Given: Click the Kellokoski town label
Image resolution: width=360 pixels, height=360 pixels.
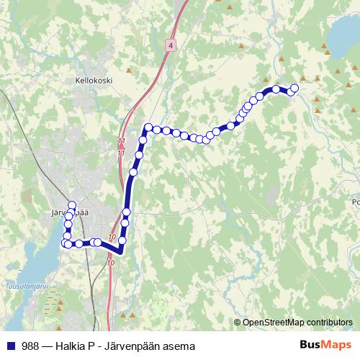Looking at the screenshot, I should [x=94, y=82].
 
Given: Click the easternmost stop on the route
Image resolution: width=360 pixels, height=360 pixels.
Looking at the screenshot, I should [x=294, y=89].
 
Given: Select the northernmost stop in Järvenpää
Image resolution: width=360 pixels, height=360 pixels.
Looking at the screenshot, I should [x=71, y=205].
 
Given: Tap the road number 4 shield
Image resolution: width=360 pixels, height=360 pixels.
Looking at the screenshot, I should [x=170, y=45].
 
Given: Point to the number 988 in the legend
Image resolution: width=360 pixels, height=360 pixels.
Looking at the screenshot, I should [x=30, y=346].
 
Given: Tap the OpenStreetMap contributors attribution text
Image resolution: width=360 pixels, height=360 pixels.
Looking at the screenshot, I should [x=297, y=322].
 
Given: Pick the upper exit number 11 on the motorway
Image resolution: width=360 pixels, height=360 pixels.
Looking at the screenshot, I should [x=121, y=140].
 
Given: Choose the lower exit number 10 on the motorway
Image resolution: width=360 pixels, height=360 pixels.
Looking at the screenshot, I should [x=110, y=264].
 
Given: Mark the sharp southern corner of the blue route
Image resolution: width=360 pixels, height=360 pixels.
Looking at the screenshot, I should [x=119, y=252].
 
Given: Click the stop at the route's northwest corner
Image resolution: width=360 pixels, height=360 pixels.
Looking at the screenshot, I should [x=148, y=127].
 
